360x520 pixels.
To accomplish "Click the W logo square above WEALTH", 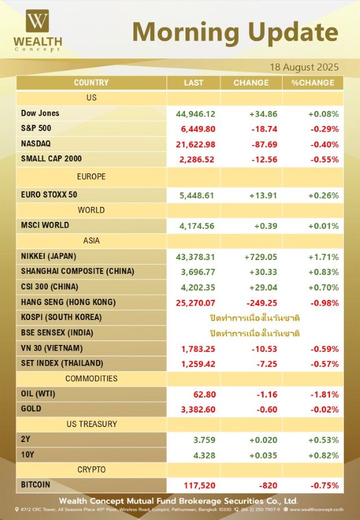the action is point(38,21).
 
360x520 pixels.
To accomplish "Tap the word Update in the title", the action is point(294,32).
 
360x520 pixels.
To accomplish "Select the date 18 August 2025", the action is point(305,68).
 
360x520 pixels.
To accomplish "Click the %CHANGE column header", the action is point(313,83).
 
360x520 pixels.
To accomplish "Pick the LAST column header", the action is point(194,83).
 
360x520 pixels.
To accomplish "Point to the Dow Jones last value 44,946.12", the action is point(195,114).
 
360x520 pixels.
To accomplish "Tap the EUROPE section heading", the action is point(91,176).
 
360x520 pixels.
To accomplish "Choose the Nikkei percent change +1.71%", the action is point(324,257).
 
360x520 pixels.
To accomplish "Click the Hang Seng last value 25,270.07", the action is point(195,303).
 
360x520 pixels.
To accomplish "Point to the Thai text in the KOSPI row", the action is point(254,318).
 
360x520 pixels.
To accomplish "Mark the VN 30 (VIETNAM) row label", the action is point(52,348).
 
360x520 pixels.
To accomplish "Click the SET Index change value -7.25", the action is point(267,364).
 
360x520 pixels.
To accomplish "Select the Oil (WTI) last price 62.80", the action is point(205,395).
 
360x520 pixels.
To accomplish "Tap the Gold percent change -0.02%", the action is point(325,410).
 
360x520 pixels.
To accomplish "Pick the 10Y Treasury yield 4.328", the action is point(205,456).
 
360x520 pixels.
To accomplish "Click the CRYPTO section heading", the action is point(91,470).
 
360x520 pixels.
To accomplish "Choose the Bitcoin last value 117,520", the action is point(200,485).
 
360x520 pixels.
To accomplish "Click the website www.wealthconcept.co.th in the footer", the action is point(317,510).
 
